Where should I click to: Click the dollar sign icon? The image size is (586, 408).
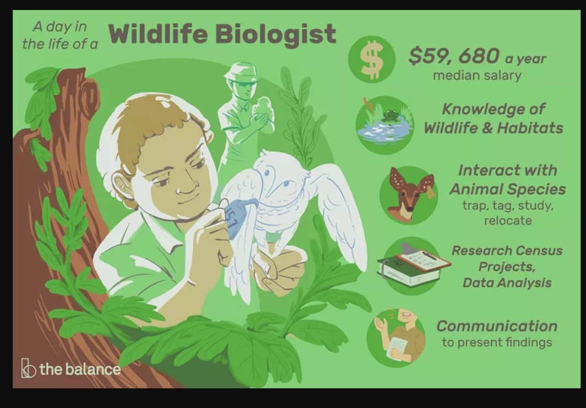coord(371,59)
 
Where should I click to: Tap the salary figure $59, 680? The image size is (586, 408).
coord(453,56)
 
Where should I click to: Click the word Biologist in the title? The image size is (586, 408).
coord(276,34)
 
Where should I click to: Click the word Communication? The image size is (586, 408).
coord(497,326)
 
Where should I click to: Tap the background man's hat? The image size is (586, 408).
coord(242,72)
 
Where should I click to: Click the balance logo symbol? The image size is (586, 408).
coord(28,368)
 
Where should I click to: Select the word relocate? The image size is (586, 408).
coord(508,220)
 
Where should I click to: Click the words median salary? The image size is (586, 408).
coord(477,75)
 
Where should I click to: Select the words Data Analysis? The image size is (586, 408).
coord(507,283)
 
